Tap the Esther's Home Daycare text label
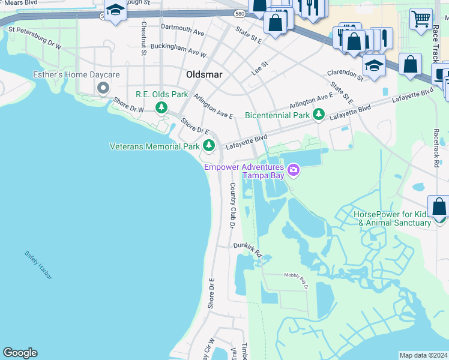tap(76, 75)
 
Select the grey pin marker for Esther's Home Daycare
tap(103, 88)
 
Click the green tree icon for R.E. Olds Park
tap(161, 107)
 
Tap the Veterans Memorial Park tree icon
tap(209, 145)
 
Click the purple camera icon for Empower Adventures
tap(294, 170)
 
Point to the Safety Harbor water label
tap(38, 265)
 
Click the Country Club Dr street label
tap(232, 205)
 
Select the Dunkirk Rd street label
tap(249, 250)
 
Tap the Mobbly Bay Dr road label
tap(294, 280)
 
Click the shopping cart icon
tap(421, 19)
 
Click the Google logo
tap(20, 352)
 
